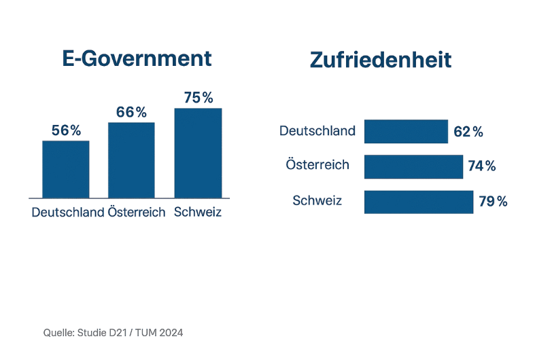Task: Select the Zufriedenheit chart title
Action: click(380, 60)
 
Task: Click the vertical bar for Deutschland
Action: click(66, 169)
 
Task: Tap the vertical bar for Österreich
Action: click(131, 160)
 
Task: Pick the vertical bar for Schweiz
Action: click(198, 153)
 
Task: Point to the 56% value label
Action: click(66, 130)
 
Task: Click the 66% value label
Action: click(131, 112)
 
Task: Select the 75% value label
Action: click(198, 98)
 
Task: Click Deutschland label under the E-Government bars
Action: click(68, 212)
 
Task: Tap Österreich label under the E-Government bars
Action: click(137, 212)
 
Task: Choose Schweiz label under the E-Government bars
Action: click(198, 212)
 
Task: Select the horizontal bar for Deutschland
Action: click(406, 131)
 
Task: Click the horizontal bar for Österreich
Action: click(413, 166)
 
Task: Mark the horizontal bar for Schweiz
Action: click(419, 202)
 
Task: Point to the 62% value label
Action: click(468, 132)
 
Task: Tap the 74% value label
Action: click(482, 166)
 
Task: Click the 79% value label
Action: click(493, 202)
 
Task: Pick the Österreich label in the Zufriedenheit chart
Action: click(317, 165)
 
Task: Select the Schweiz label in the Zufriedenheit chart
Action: click(317, 200)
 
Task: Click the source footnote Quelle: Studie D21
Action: click(113, 333)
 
